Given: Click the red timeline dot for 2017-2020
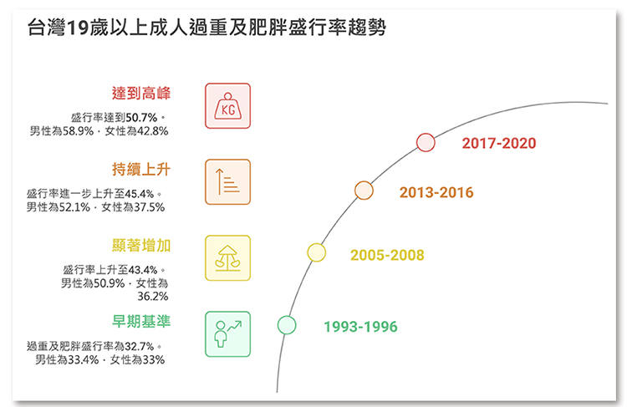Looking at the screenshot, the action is [x=426, y=143].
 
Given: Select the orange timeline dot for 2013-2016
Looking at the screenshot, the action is [x=364, y=191].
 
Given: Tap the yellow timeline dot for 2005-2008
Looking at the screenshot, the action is [x=316, y=252].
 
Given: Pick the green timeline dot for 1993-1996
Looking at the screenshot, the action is [x=287, y=325].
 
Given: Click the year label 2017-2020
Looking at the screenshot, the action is [x=499, y=143].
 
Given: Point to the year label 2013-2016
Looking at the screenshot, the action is [x=436, y=192].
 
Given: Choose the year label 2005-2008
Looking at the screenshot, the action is [x=387, y=255].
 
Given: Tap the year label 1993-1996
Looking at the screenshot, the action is [x=360, y=327].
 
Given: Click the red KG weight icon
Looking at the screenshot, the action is [x=228, y=106].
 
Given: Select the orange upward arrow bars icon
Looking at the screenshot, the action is [x=228, y=182].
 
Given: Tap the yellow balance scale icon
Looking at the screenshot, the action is [x=228, y=258].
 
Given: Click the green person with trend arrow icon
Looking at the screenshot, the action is [x=228, y=334].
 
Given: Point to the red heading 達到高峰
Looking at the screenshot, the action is [x=141, y=93].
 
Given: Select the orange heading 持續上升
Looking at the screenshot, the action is [x=141, y=169].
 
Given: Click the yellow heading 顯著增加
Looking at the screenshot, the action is [x=141, y=245].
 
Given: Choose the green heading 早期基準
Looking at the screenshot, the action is [x=141, y=321].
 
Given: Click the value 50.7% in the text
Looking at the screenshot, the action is [x=141, y=118].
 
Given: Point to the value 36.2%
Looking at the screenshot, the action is [x=153, y=296].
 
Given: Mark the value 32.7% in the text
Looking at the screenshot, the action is [x=140, y=346].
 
